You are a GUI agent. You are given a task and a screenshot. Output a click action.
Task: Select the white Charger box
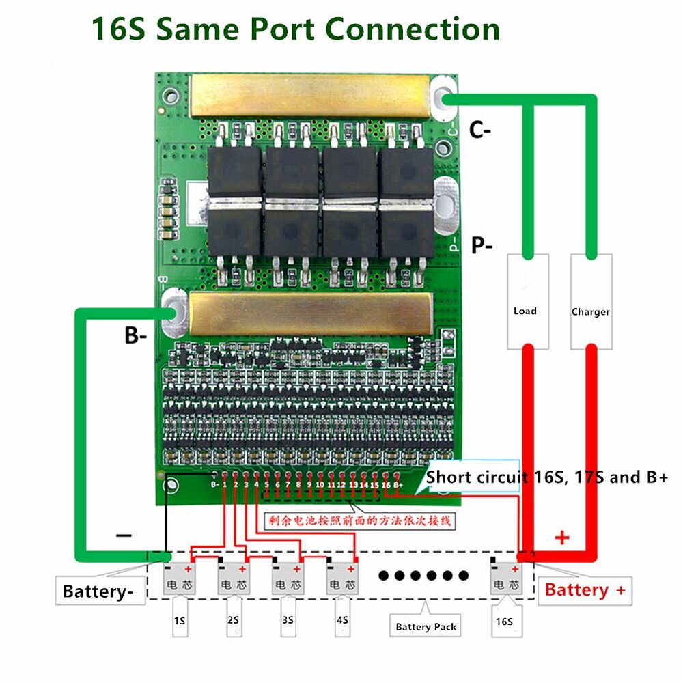coord(591,301)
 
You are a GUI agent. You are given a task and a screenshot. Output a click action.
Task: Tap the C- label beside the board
coord(480,130)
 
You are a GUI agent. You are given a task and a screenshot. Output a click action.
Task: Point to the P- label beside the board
coord(482,245)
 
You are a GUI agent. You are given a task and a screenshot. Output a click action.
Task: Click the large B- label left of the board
coord(135,335)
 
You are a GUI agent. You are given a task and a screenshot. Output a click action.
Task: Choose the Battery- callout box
coord(100,591)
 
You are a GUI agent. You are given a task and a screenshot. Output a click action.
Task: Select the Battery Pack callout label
coord(426,626)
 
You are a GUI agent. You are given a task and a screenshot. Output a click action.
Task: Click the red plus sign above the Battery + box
coord(562,538)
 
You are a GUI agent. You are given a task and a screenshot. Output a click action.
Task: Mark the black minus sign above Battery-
coord(124,535)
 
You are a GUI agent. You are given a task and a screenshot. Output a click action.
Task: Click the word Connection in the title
coord(412,29)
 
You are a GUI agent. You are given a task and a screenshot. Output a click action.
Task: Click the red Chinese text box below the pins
coord(359,521)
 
